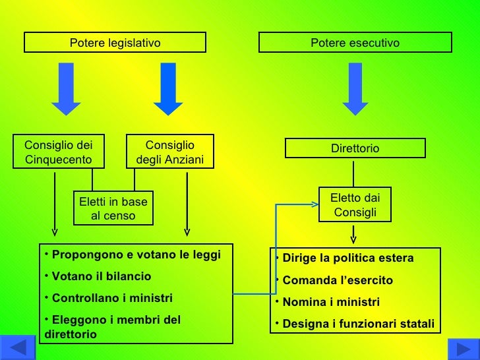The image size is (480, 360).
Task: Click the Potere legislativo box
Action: [x=115, y=43]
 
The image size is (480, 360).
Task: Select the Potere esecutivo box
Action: [x=355, y=43]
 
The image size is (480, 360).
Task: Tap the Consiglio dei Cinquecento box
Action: [x=58, y=152]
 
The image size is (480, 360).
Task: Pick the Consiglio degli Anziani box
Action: [x=169, y=152]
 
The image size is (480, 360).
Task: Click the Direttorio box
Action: [x=355, y=148]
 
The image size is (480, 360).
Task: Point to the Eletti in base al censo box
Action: [x=113, y=208]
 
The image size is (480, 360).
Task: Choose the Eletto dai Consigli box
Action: [x=355, y=204]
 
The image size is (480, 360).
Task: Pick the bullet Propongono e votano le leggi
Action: [x=136, y=255]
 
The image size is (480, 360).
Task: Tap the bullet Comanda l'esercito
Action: [x=337, y=280]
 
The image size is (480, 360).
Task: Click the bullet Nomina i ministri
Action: [x=330, y=302]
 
